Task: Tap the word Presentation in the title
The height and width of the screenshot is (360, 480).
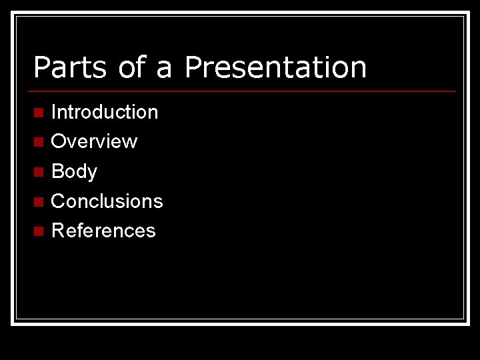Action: coord(275,67)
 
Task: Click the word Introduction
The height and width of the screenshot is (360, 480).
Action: coord(105,112)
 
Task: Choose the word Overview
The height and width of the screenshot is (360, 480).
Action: coord(94,141)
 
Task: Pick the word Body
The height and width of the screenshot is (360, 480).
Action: coord(74,172)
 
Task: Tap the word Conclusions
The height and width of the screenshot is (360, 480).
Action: coord(107,201)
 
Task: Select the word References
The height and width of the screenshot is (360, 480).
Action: coord(103,231)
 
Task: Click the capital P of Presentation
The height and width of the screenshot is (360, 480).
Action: coord(193,67)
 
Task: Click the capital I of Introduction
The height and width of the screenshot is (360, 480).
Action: coord(54,112)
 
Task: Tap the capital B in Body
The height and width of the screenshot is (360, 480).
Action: coord(58,171)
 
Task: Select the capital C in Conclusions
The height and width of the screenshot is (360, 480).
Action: coord(59,201)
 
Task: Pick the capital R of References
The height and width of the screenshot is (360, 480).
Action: coord(58,231)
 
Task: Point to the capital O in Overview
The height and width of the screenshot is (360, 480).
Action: coord(59,141)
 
